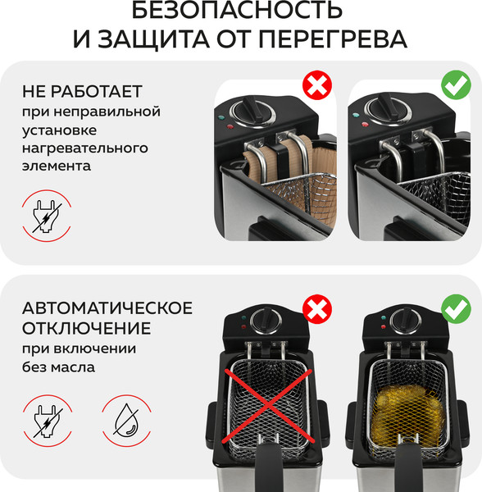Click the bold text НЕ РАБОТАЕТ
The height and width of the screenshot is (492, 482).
click(82, 90)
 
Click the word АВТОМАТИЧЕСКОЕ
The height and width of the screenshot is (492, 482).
click(107, 308)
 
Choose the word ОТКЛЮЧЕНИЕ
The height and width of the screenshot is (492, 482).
click(86, 329)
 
